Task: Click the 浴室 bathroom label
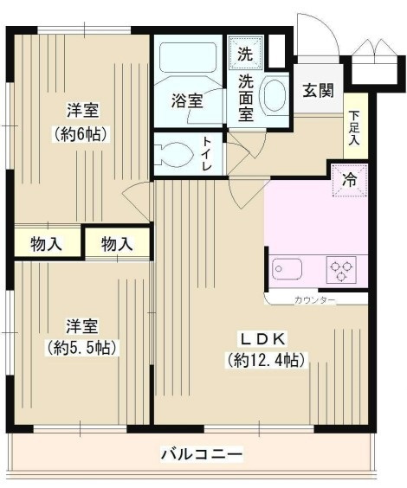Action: pyautogui.click(x=187, y=100)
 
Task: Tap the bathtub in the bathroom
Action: pyautogui.click(x=188, y=58)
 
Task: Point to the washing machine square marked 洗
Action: pyautogui.click(x=245, y=52)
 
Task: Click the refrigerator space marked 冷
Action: pyautogui.click(x=350, y=180)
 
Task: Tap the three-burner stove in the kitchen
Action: pyautogui.click(x=341, y=269)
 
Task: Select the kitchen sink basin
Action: pyautogui.click(x=287, y=269)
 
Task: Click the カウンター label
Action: pyautogui.click(x=314, y=300)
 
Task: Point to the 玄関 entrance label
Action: pyautogui.click(x=319, y=91)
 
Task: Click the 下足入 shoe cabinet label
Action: pyautogui.click(x=354, y=128)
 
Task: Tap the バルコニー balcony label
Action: pyautogui.click(x=202, y=453)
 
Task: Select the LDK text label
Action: pyautogui.click(x=262, y=339)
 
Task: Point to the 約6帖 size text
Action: pyautogui.click(x=81, y=134)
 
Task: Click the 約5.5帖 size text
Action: pyautogui.click(x=82, y=347)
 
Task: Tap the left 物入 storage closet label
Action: pyautogui.click(x=46, y=244)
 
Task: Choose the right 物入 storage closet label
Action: pyautogui.click(x=117, y=243)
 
